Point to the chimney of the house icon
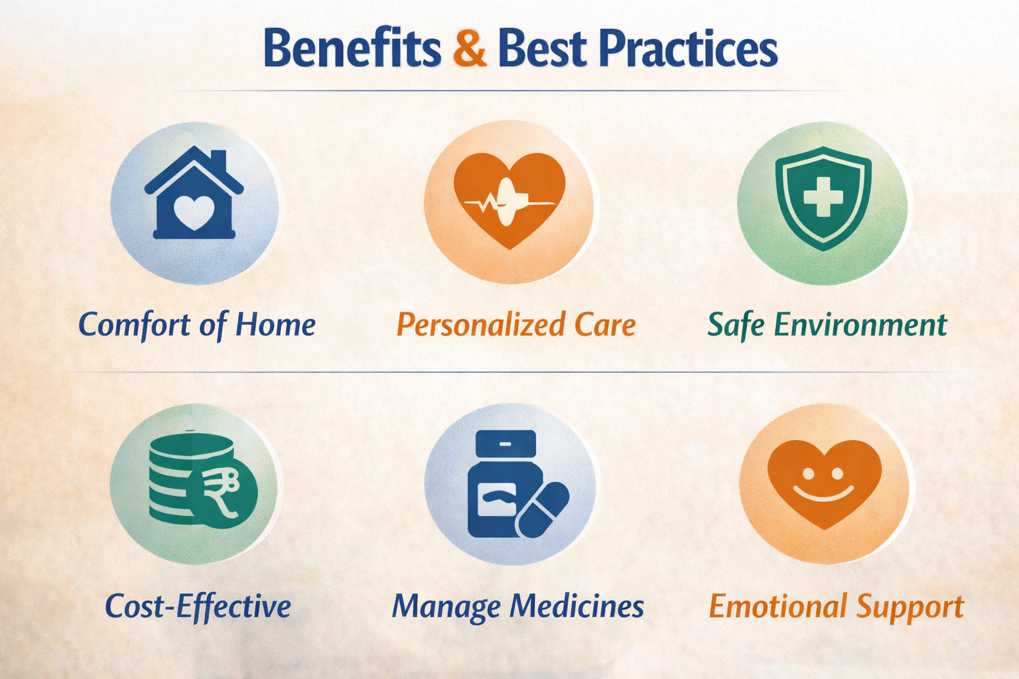(x=218, y=161)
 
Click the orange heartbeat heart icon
(x=509, y=199)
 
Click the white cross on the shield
(x=823, y=196)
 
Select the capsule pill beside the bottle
(x=542, y=509)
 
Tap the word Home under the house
(x=275, y=325)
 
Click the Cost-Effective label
(x=198, y=606)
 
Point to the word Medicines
(x=577, y=606)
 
